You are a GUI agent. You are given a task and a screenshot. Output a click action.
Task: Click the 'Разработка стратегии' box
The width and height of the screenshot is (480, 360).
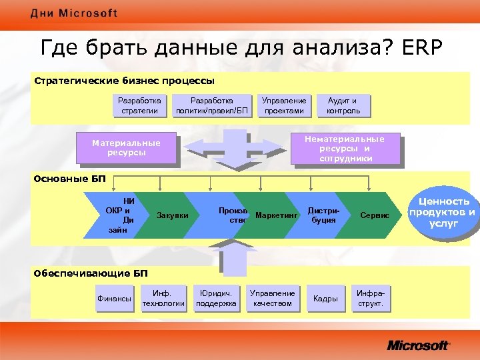tap(140, 105)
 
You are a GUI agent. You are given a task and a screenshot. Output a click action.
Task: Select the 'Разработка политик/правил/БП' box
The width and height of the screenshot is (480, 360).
tap(212, 105)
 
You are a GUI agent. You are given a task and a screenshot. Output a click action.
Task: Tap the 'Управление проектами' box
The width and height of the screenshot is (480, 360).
tap(284, 105)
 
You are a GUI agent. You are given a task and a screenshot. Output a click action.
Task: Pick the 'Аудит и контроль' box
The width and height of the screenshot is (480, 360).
tap(343, 105)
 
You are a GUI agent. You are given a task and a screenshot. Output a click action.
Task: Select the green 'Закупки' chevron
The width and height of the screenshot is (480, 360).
tap(171, 215)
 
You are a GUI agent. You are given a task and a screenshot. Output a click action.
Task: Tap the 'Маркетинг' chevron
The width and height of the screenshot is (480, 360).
tap(274, 215)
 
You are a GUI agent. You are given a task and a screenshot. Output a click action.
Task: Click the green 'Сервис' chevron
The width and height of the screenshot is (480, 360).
tap(374, 215)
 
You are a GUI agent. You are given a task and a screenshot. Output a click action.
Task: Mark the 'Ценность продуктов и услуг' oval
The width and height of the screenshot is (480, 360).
tap(443, 212)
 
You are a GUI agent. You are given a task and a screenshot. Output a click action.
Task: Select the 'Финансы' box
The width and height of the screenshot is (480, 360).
tap(114, 299)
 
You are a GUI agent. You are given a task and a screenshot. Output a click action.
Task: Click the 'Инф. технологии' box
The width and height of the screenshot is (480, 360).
tap(163, 299)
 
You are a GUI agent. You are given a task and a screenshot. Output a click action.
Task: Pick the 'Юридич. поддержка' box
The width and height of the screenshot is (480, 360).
tap(216, 299)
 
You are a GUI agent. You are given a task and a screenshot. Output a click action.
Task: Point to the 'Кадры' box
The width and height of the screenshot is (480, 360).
tap(325, 299)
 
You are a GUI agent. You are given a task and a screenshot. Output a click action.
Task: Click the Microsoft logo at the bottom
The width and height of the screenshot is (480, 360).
tap(418, 345)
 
